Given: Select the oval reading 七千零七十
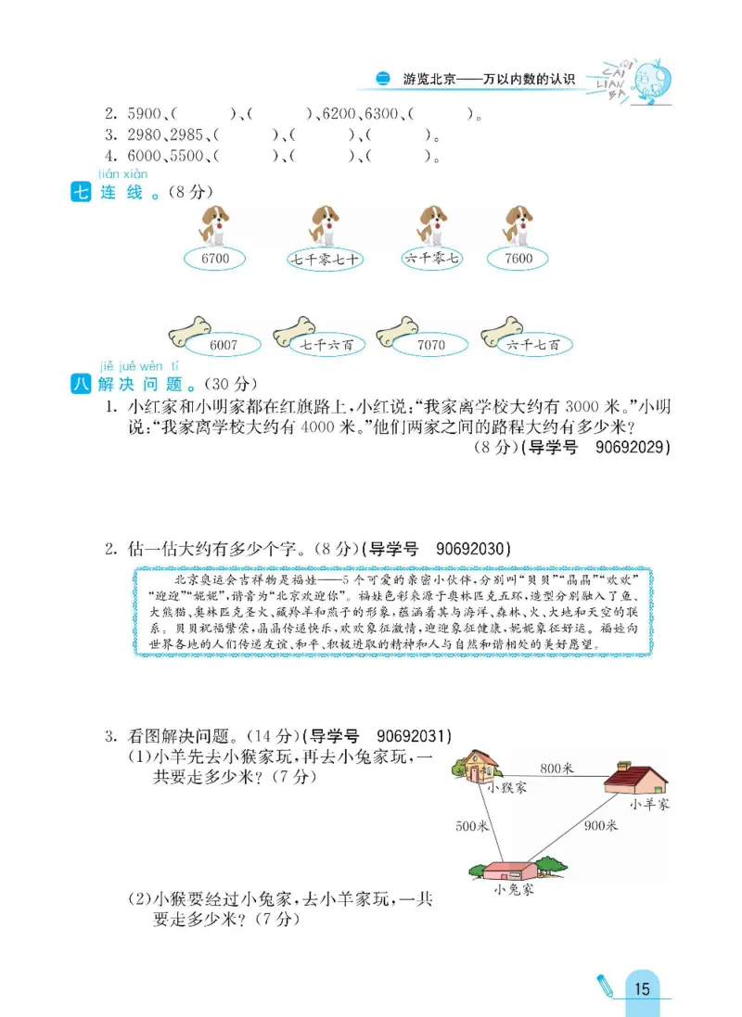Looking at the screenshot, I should click(x=324, y=259).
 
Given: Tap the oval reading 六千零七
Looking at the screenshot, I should click(x=431, y=259).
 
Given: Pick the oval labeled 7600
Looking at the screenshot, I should click(x=519, y=258).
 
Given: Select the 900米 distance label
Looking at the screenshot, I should click(x=600, y=825).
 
